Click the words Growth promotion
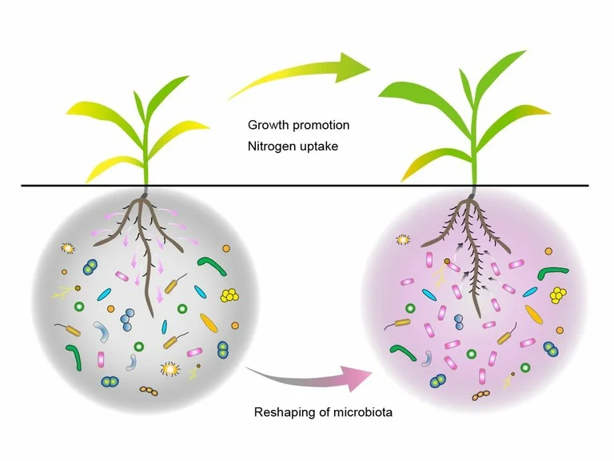point(298,126)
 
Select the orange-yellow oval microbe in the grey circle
point(209,323)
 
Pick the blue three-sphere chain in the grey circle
point(127,321)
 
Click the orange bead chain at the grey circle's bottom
point(148,391)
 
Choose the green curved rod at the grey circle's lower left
point(74,357)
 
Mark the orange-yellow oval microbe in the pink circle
point(531,313)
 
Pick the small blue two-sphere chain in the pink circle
point(459,322)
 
